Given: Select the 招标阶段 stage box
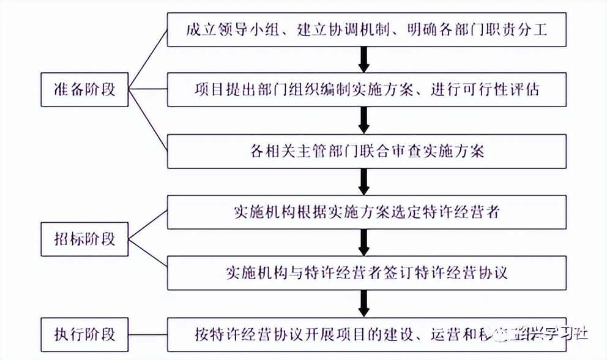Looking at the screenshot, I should click(x=84, y=238).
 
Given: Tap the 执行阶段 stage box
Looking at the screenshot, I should click(x=84, y=334).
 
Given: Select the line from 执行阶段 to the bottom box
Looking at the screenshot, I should click(x=148, y=334).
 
